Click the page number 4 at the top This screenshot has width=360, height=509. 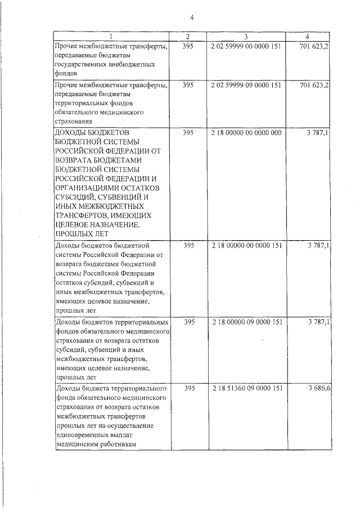(191, 17)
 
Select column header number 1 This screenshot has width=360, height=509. (111, 37)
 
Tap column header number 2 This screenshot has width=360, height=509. (188, 37)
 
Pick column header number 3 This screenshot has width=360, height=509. (246, 37)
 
